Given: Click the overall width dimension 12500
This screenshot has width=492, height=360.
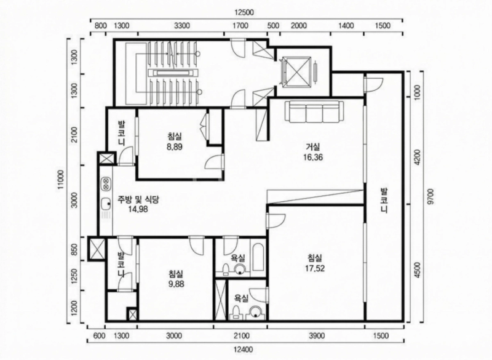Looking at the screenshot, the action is pyautogui.click(x=244, y=12).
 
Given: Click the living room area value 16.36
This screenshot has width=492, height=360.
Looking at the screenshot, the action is pyautogui.click(x=313, y=157).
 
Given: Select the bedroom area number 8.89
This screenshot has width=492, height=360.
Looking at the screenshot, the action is pyautogui.click(x=175, y=146).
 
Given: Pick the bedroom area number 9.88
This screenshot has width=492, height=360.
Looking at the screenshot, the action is pyautogui.click(x=176, y=284).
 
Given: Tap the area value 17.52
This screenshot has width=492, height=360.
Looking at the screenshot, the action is pyautogui.click(x=315, y=268).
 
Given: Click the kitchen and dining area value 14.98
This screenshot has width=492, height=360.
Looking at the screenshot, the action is pyautogui.click(x=138, y=209).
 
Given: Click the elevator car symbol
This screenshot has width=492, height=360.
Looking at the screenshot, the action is pyautogui.click(x=296, y=71).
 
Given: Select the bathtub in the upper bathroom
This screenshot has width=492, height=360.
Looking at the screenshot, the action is pyautogui.click(x=258, y=258).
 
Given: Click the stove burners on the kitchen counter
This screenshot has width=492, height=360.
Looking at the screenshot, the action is pyautogui.click(x=106, y=184).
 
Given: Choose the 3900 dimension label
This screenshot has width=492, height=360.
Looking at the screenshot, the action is pyautogui.click(x=316, y=336).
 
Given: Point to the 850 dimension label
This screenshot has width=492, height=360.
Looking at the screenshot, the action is pyautogui.click(x=74, y=250).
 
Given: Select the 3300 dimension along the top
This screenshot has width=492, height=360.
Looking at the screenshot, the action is pyautogui.click(x=182, y=26).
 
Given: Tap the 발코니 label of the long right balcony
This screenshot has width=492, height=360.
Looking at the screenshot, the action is pyautogui.click(x=384, y=200).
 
